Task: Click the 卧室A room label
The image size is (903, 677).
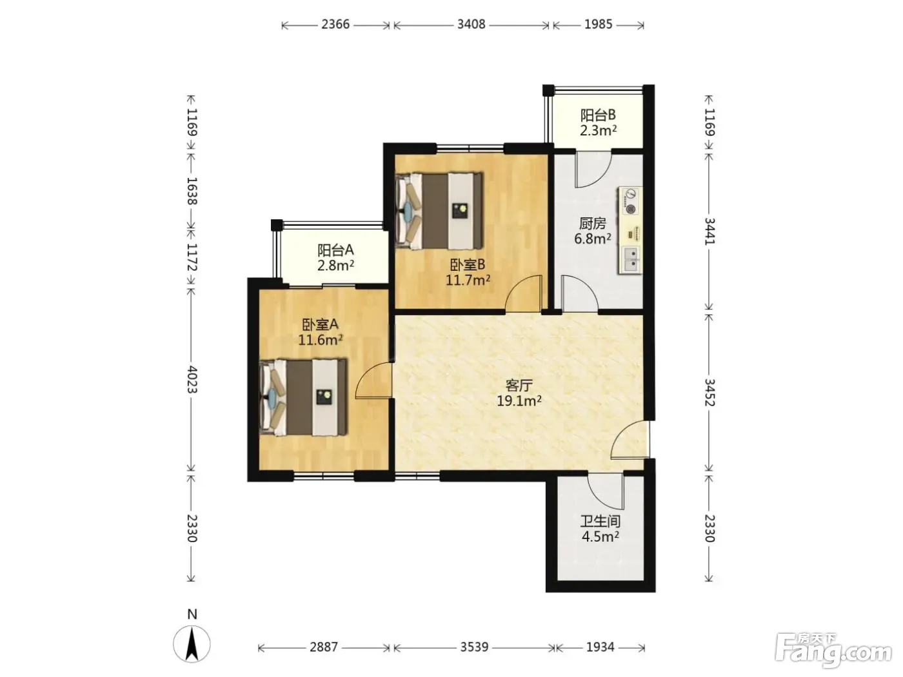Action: click(x=320, y=325)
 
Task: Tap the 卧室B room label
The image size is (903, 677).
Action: click(x=468, y=265)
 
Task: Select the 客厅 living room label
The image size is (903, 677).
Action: click(x=519, y=386)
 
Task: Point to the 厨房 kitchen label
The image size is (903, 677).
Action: click(x=592, y=224)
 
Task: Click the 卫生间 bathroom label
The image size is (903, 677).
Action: click(x=600, y=521)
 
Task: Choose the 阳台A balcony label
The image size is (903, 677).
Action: click(x=335, y=250)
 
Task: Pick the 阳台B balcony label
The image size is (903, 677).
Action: click(x=598, y=115)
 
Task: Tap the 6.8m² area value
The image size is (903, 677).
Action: click(x=592, y=239)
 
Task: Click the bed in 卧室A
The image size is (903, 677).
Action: click(x=303, y=397)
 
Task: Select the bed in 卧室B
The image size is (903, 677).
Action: click(x=439, y=211)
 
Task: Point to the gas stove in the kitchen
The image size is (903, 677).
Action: click(x=630, y=201)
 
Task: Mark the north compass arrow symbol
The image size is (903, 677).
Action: click(x=192, y=644)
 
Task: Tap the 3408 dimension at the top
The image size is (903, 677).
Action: click(x=471, y=25)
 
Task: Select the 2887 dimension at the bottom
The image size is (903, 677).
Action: click(x=324, y=647)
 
